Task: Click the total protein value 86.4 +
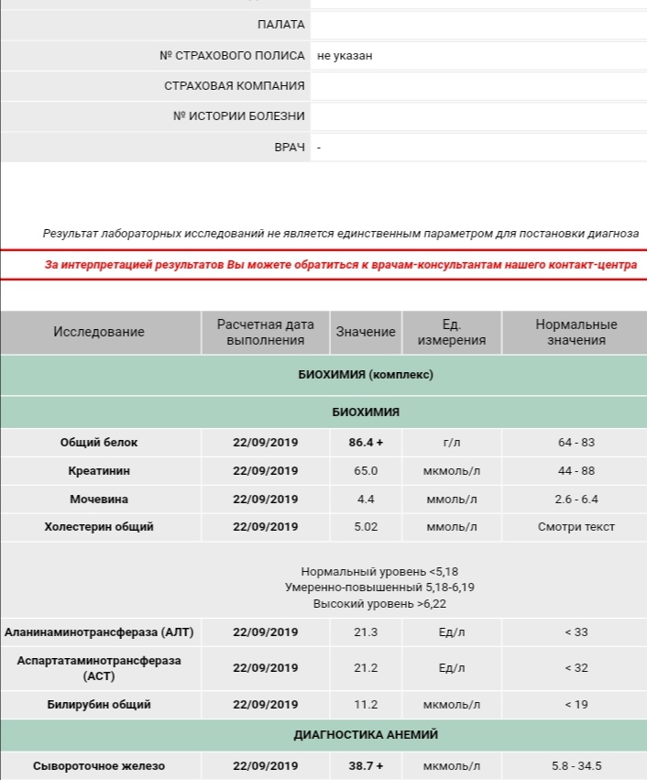366,443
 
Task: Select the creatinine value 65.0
366,471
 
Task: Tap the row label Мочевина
99,500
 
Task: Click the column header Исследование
99,332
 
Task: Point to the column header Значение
366,332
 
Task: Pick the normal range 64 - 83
576,443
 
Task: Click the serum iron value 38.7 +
366,766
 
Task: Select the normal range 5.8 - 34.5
576,766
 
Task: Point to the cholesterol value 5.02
366,527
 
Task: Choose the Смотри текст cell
576,527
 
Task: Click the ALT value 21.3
366,632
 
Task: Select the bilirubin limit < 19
576,705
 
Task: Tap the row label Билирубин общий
99,705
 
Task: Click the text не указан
345,56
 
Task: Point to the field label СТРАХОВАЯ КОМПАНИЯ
235,86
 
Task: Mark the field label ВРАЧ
290,148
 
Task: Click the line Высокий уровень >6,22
379,604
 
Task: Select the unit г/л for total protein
452,443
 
